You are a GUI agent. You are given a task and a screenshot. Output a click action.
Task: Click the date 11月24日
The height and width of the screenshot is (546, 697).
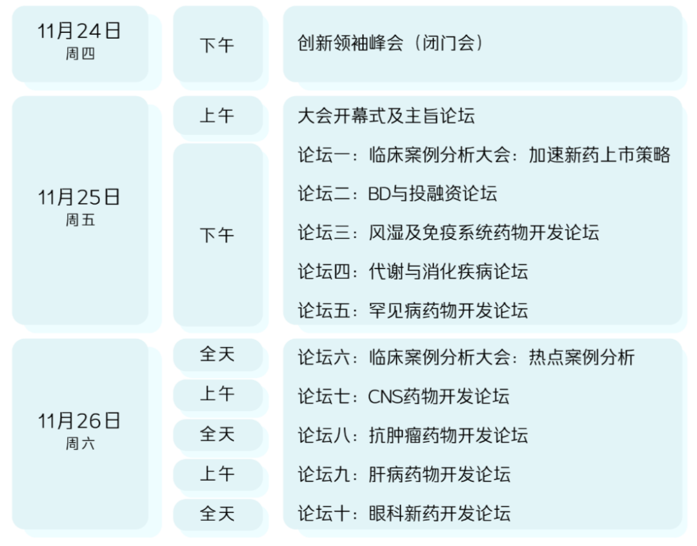point(79,31)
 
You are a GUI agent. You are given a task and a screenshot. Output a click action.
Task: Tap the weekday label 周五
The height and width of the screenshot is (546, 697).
point(79,220)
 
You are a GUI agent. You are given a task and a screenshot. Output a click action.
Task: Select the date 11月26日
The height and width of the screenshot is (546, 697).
point(79,421)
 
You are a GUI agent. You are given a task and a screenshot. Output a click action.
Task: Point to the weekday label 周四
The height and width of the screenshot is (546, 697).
point(79,54)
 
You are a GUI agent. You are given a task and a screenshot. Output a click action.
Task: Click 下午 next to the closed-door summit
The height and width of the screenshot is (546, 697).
point(217,45)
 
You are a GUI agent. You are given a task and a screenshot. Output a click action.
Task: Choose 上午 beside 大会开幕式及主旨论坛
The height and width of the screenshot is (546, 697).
point(217,116)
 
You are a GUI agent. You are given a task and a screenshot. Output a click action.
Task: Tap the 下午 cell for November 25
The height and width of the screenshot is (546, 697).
point(217,236)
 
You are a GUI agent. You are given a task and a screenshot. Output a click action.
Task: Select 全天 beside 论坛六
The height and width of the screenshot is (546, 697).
point(217,354)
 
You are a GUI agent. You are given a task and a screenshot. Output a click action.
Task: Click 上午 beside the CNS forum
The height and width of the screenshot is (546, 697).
point(217,394)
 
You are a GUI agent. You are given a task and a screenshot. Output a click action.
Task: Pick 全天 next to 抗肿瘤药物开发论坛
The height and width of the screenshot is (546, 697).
point(217,434)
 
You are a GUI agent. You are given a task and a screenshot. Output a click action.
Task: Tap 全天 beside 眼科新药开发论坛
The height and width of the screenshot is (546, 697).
point(217,514)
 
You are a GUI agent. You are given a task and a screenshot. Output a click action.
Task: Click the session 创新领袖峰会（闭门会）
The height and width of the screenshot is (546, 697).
point(391,44)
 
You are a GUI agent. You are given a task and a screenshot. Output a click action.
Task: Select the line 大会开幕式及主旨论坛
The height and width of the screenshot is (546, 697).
point(386,116)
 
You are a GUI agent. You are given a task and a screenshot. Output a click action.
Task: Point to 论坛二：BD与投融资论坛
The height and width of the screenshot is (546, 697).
point(397,194)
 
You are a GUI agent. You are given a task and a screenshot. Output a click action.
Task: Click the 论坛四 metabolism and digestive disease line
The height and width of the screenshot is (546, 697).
point(412,271)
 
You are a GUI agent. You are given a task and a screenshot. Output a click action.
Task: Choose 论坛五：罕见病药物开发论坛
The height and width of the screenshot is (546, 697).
point(412,310)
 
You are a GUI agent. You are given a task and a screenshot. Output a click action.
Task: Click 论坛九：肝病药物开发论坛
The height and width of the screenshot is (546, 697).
point(403,474)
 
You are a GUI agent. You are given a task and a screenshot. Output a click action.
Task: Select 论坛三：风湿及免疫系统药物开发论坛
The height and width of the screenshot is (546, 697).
point(448,232)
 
